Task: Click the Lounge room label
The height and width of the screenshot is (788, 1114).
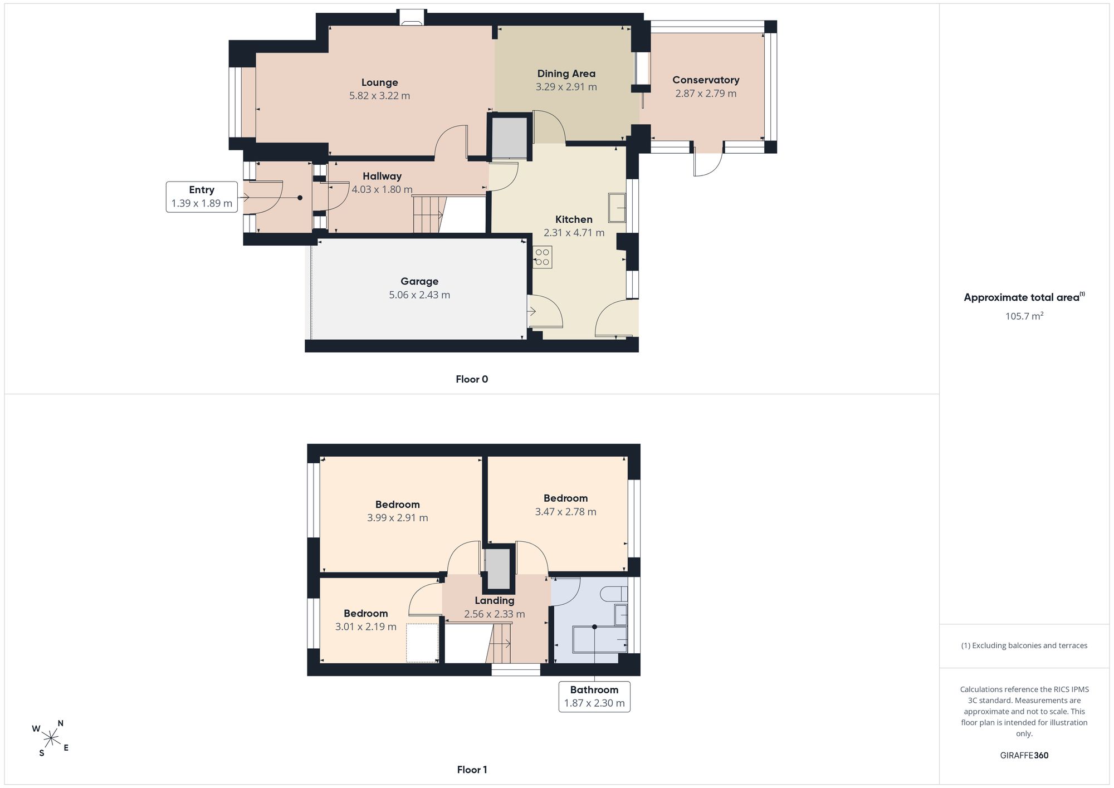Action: click(379, 82)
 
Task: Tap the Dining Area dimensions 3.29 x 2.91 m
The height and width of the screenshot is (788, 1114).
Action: click(566, 87)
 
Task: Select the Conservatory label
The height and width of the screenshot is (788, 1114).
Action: click(706, 80)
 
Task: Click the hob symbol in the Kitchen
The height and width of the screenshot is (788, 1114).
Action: click(542, 257)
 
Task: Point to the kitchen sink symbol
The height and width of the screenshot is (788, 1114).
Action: click(617, 208)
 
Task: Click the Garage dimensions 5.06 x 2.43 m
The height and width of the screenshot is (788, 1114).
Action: click(419, 295)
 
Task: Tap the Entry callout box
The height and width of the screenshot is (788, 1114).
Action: click(202, 197)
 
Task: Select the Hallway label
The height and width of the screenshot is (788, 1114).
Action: click(382, 176)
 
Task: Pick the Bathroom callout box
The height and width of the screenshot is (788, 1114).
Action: click(594, 696)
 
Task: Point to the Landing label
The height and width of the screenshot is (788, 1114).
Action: click(495, 600)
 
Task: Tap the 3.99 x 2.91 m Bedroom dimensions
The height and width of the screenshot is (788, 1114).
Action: click(398, 517)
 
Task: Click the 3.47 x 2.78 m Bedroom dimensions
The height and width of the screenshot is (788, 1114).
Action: click(566, 511)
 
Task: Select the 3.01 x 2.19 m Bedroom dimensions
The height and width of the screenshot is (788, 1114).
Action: click(366, 627)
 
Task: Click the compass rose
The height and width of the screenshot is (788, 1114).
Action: click(51, 738)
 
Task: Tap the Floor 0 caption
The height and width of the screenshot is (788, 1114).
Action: click(472, 379)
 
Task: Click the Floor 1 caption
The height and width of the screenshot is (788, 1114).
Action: click(472, 770)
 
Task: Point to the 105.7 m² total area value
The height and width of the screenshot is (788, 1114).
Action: click(1024, 316)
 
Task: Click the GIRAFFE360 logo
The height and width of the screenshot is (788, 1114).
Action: click(1024, 755)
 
